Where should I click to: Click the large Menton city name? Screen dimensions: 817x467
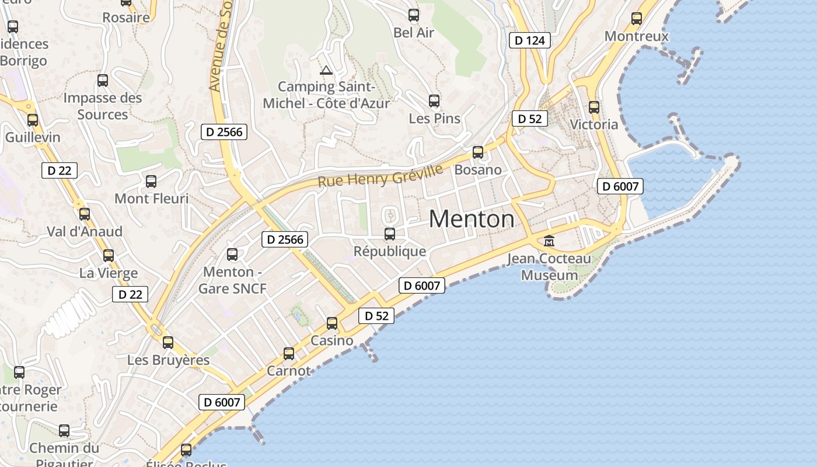472,219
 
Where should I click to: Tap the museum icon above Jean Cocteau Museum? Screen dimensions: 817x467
549,241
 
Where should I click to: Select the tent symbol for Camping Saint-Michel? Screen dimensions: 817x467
326,71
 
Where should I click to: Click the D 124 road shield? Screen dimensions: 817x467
530,40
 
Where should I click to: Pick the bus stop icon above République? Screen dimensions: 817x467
390,234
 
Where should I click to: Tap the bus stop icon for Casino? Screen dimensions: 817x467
332,323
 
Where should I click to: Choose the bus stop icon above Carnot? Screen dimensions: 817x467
289,353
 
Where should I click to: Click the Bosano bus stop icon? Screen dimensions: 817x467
478,152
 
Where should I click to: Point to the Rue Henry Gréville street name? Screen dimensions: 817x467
380,175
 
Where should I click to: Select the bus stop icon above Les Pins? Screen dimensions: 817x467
434,101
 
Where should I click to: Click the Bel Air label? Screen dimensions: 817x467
414,33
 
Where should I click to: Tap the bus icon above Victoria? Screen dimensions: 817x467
594,107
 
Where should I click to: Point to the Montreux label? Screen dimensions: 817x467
636,36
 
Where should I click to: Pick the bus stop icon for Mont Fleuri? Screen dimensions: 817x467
151,182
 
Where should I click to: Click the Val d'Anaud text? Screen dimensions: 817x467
85,232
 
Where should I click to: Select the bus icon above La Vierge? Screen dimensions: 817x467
109,255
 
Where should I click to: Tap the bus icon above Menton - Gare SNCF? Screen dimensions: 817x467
232,254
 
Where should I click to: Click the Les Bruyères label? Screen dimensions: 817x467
168,360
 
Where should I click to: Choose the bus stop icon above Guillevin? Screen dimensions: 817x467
33,120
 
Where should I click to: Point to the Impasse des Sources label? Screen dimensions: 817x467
103,106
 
